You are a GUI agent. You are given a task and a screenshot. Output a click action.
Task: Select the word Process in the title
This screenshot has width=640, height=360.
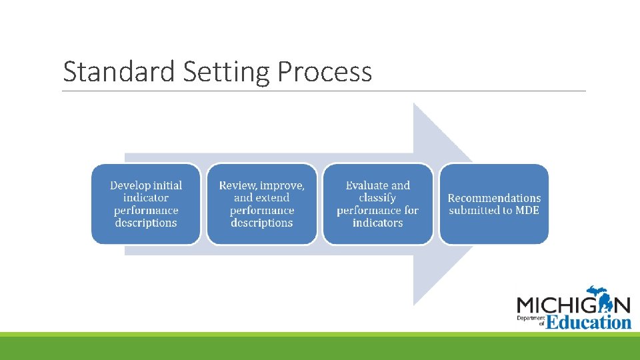(x=325, y=72)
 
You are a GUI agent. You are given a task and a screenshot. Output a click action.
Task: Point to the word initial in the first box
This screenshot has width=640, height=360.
(x=167, y=186)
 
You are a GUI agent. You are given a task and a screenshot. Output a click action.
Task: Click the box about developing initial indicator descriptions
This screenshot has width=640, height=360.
(x=146, y=204)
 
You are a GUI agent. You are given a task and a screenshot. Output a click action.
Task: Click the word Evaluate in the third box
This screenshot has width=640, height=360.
(x=367, y=186)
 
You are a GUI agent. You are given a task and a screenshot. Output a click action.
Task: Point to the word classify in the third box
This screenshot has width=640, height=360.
(x=377, y=198)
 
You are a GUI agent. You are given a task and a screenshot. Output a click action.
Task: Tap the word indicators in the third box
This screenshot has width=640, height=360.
(x=377, y=223)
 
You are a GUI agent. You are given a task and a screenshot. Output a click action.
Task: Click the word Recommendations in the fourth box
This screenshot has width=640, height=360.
(x=494, y=198)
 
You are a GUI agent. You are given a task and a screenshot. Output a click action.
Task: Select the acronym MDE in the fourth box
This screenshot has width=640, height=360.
(x=527, y=211)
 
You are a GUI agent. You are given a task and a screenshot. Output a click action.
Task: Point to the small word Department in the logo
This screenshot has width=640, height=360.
(x=531, y=319)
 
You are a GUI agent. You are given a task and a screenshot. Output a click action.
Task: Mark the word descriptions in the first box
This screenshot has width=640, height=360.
(x=146, y=223)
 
